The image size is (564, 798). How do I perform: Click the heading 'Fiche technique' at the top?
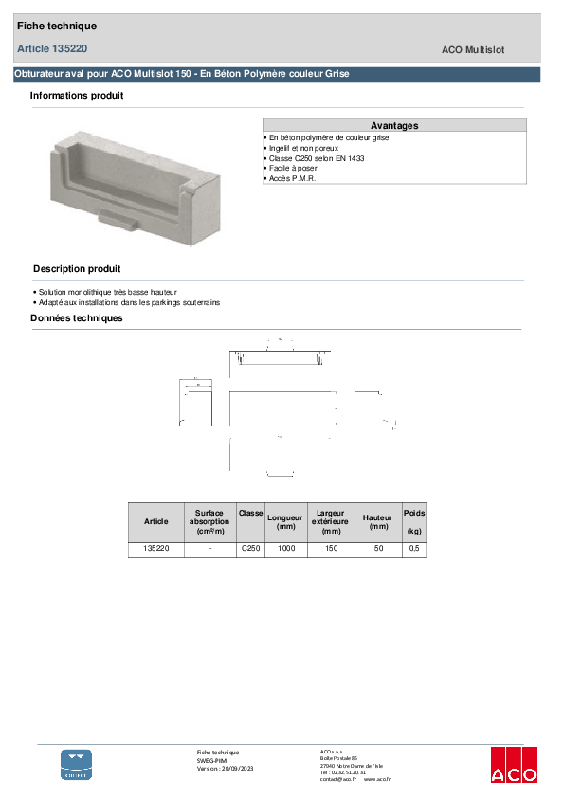point(57,27)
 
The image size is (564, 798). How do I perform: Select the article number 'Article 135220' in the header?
point(52,48)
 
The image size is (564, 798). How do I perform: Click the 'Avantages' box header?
point(394,125)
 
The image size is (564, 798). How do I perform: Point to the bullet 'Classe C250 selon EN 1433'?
point(317,158)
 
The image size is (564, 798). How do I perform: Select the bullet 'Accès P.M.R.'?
point(293,178)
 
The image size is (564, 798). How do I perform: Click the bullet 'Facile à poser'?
point(295,168)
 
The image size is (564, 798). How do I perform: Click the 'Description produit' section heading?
point(77,269)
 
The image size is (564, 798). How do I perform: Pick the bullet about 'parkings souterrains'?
point(127,302)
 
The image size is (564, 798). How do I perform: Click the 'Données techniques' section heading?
point(77,318)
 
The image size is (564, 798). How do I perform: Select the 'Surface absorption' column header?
point(209,521)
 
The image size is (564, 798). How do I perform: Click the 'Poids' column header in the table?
point(414,513)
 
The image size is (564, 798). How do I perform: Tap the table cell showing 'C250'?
point(250,549)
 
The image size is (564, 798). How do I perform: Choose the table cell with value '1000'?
point(286,549)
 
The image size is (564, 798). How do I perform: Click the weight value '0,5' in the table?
point(414,549)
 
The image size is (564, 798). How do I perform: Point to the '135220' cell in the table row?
point(156,549)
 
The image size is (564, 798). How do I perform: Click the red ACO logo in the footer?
point(514,764)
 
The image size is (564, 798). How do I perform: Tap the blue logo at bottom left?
point(77,764)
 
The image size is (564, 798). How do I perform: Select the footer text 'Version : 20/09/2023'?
point(225,768)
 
